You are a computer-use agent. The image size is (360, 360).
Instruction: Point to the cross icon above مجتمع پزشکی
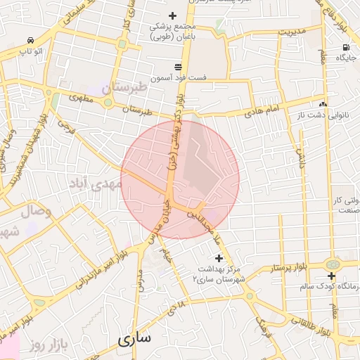tap(172, 15)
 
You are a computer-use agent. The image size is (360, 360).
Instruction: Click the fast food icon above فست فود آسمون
tap(178, 65)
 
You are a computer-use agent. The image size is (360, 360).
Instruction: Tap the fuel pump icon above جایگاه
tap(345, 49)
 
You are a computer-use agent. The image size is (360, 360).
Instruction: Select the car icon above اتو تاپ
tap(30, 41)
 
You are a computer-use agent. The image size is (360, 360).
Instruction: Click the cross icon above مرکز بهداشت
tap(219, 258)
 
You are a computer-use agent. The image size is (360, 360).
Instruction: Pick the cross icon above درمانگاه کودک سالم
tap(330, 276)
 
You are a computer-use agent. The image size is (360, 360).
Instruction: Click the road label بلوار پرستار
tap(290, 269)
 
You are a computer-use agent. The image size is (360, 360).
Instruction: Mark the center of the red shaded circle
tap(180, 179)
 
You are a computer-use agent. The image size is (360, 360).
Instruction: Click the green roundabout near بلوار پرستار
tap(333, 264)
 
